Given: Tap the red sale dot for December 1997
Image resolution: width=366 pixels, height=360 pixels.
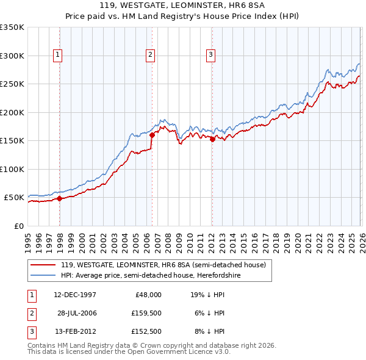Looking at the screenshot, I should (x=59, y=198).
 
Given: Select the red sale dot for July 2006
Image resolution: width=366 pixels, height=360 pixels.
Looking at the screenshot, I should (x=152, y=135).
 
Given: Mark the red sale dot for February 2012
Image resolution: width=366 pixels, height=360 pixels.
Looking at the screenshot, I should (x=212, y=139).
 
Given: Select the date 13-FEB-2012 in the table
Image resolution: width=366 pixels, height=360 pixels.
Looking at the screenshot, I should (x=75, y=331).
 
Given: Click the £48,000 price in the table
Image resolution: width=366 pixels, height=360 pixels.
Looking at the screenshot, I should (x=148, y=295).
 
